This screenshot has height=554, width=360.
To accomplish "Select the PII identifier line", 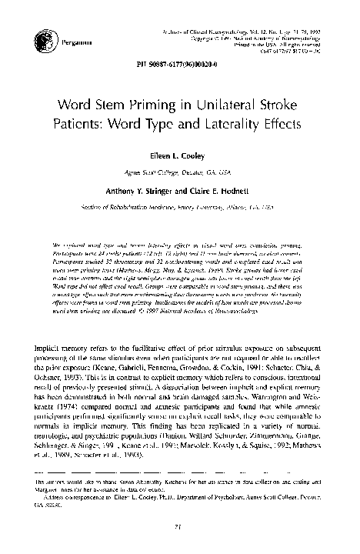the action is (x=180, y=75).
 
